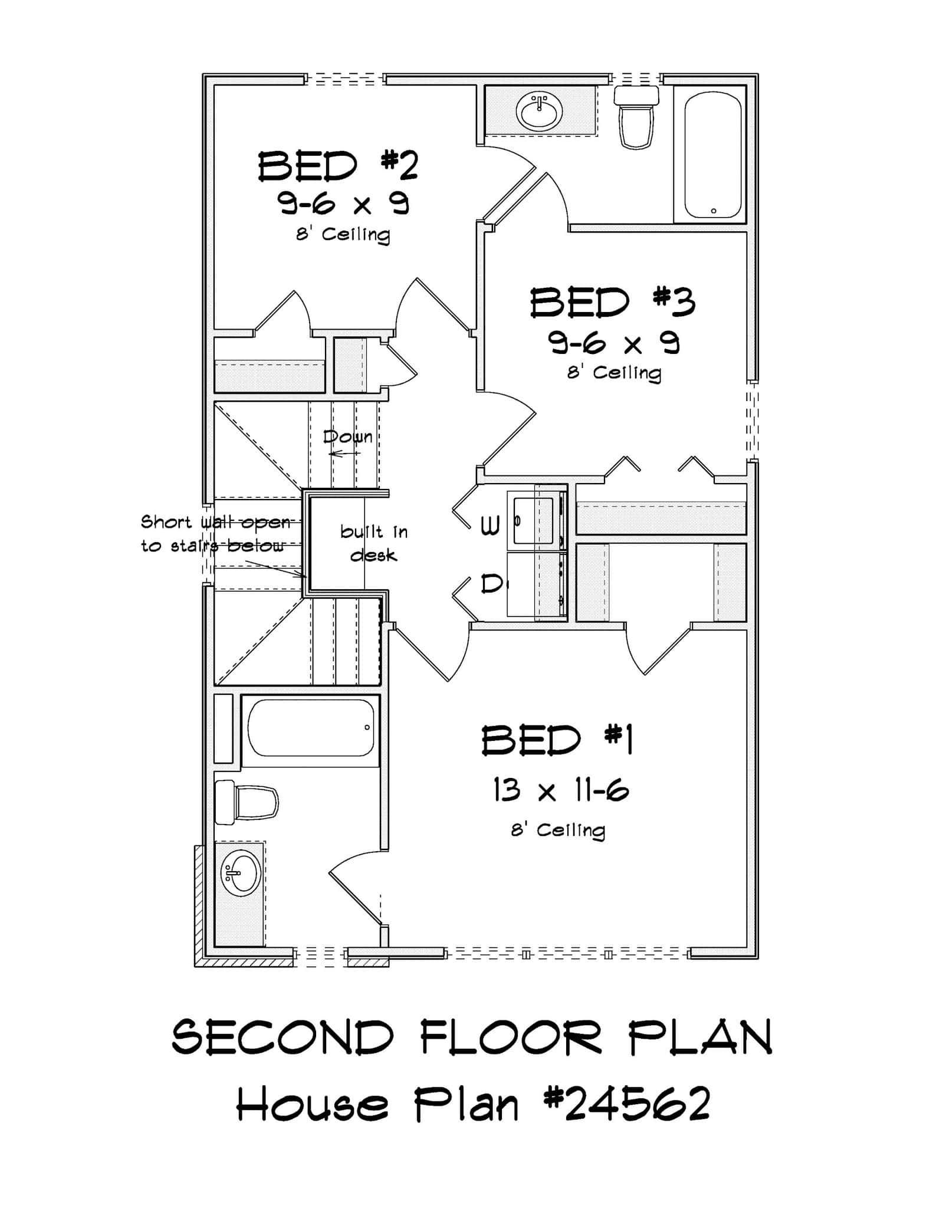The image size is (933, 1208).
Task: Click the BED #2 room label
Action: [x=338, y=166]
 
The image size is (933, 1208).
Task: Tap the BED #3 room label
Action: [x=612, y=303]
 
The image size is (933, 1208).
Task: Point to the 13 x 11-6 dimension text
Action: [x=561, y=790]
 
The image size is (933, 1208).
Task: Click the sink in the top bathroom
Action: [x=539, y=110]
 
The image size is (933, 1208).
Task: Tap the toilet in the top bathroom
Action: [x=636, y=116]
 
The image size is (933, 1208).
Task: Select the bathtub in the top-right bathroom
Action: [x=712, y=155]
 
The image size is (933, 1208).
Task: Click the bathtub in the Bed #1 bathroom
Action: [x=310, y=728]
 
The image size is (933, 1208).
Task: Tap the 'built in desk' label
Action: [x=374, y=543]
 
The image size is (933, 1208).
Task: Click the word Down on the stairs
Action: [x=347, y=437]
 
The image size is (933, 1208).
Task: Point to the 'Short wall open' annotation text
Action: [x=215, y=522]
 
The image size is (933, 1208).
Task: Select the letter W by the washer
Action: [x=490, y=525]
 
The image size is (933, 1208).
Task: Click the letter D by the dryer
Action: [x=490, y=584]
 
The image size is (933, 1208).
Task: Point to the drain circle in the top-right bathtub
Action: [x=714, y=211]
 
